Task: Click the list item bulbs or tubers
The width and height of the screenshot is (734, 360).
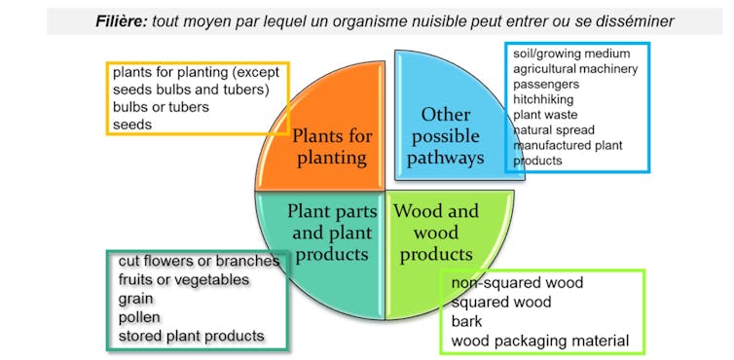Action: pos(161,107)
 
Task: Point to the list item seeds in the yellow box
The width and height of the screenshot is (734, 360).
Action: pos(132,125)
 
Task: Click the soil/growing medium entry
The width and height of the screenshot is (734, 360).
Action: pos(571,54)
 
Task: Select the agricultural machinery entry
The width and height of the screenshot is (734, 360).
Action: pos(575,69)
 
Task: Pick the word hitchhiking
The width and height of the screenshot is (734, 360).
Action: pos(544,99)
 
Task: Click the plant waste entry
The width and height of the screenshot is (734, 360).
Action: pos(546,115)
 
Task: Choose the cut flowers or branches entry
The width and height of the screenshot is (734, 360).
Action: pos(199,262)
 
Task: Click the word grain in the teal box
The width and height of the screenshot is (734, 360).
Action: pos(136,299)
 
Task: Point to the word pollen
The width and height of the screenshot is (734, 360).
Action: pos(139,317)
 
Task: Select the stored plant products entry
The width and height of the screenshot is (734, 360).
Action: pos(191,336)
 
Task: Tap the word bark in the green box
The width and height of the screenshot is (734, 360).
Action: pos(466,321)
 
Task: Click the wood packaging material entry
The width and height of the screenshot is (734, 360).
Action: pos(540,341)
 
